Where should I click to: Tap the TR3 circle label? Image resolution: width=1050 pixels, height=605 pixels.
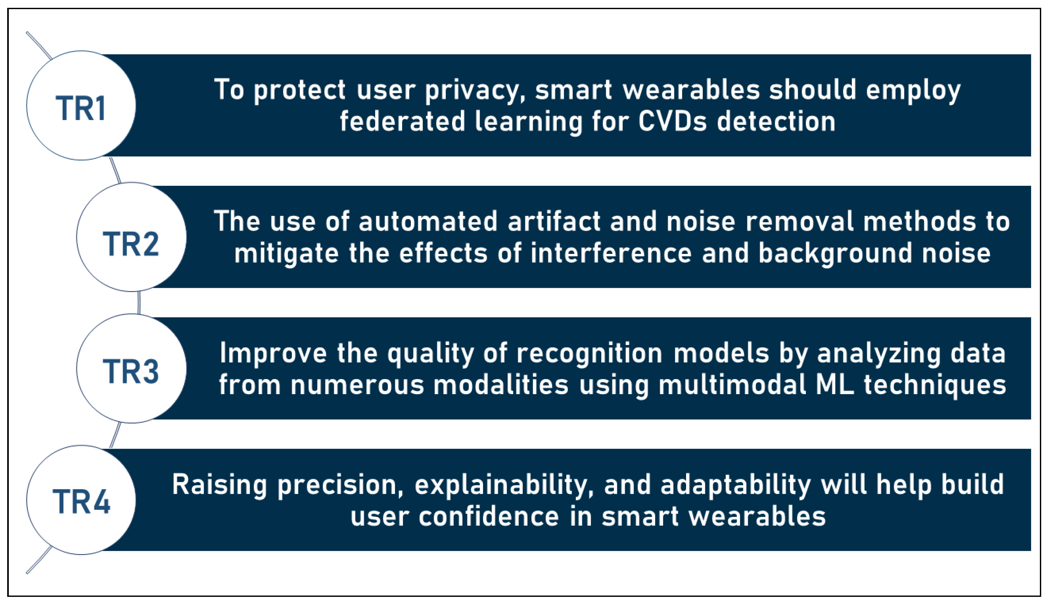click(x=131, y=372)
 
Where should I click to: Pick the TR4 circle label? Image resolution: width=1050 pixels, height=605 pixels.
click(x=81, y=502)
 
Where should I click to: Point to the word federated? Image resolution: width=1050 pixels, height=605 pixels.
click(x=402, y=121)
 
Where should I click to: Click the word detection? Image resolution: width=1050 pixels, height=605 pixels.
click(x=776, y=121)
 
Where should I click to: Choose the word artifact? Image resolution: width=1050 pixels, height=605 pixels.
click(x=554, y=221)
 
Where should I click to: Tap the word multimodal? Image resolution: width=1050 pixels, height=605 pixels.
click(x=732, y=385)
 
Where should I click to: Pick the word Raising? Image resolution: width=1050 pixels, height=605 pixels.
click(x=220, y=486)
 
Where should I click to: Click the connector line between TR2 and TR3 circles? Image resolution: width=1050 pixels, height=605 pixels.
click(x=139, y=302)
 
